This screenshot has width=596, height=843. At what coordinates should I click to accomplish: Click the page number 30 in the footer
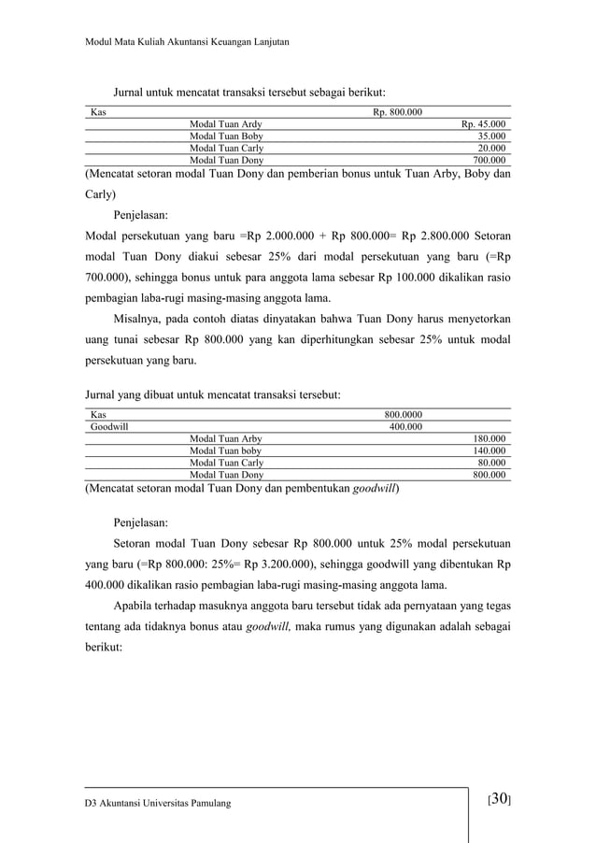500,799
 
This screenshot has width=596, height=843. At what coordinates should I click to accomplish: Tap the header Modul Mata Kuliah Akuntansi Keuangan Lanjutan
186,44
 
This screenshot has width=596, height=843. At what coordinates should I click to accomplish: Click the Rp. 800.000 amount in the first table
397,112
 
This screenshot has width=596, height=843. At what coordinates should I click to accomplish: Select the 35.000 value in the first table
490,136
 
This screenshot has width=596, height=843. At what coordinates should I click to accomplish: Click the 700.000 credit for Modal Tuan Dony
488,160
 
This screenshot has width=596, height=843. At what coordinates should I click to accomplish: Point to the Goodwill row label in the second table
108,426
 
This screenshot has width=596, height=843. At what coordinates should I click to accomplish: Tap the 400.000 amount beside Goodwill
404,426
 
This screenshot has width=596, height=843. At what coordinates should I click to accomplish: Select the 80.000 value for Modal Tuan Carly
490,463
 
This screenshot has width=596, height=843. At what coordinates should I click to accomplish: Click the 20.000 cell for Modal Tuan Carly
490,148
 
